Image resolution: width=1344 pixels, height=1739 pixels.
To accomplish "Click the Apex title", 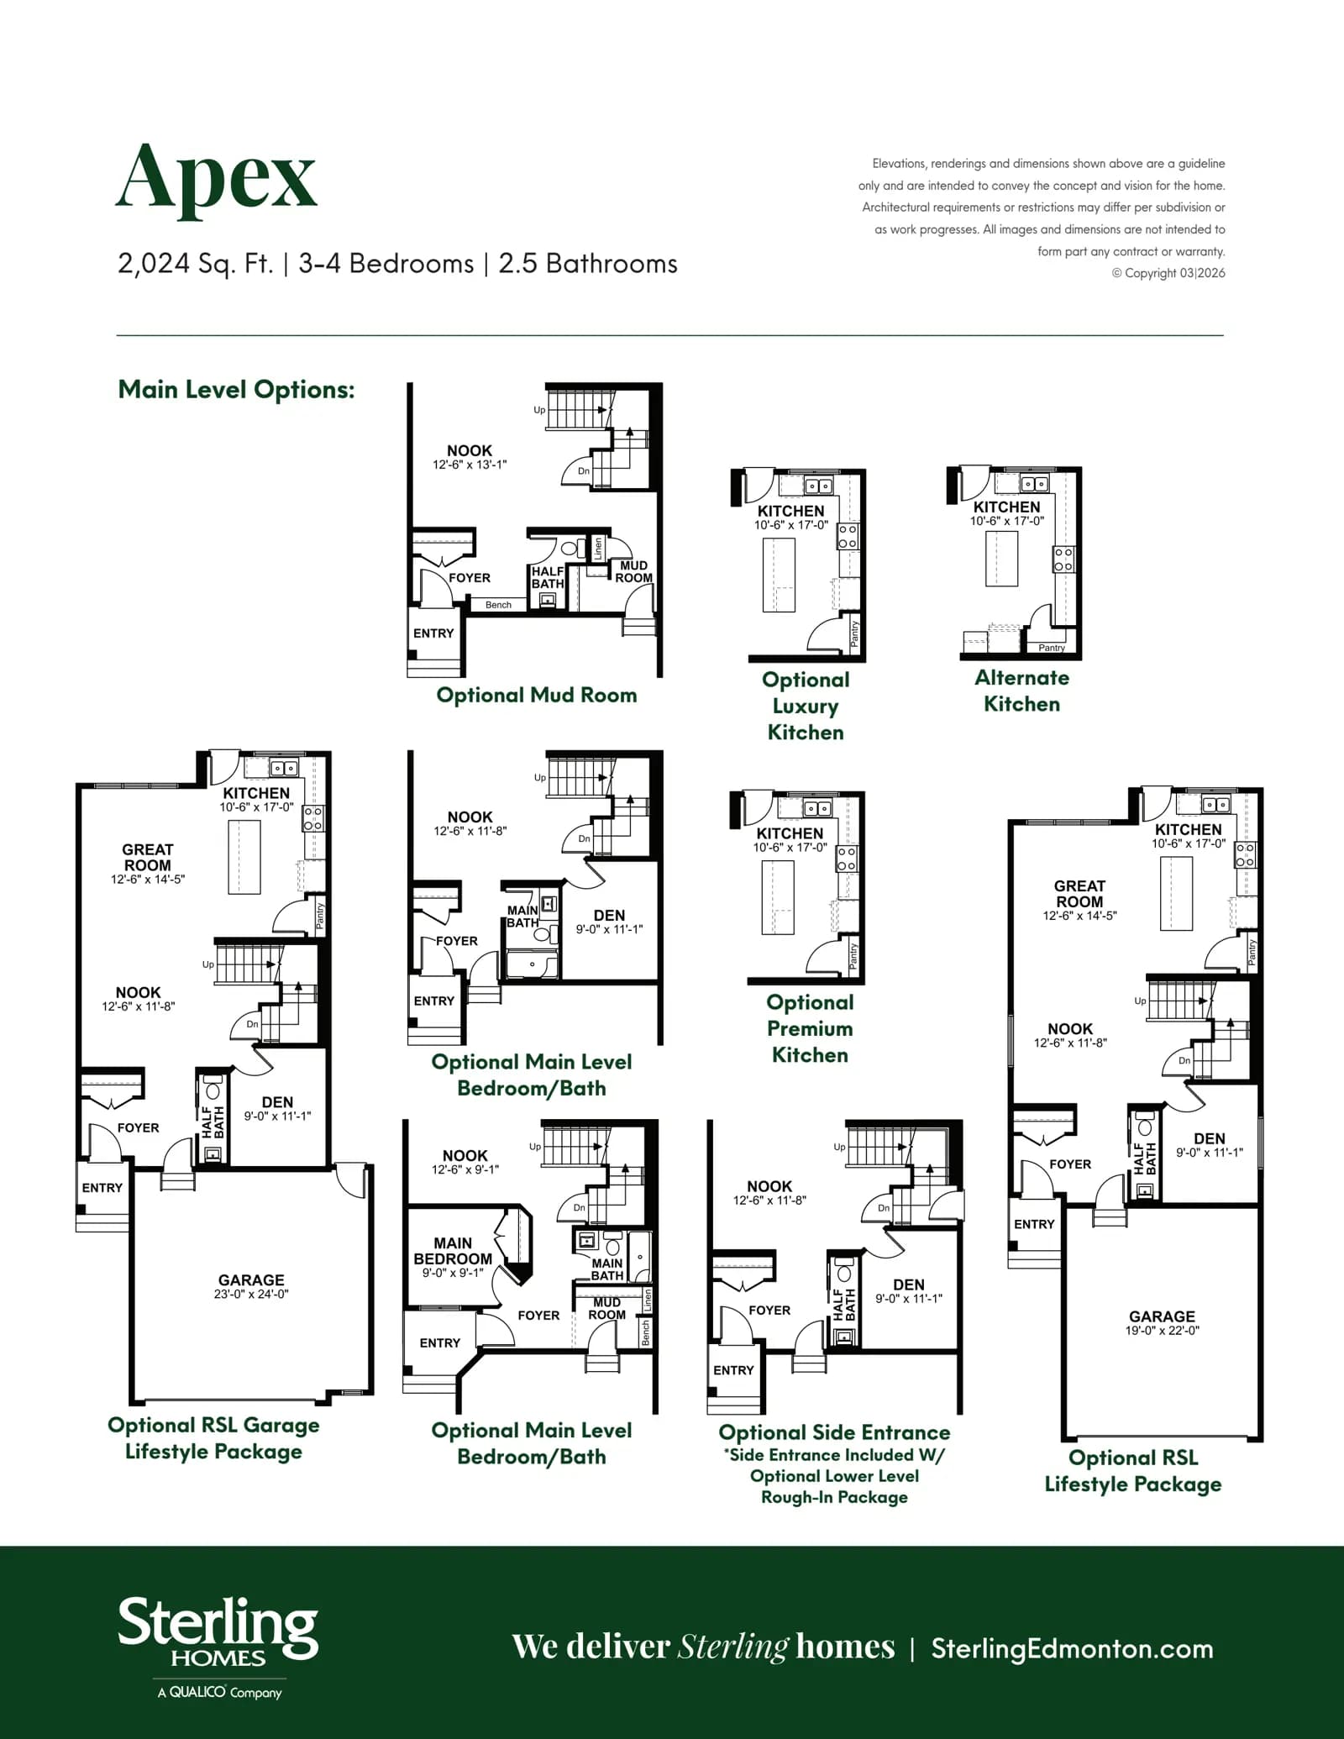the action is point(216,179).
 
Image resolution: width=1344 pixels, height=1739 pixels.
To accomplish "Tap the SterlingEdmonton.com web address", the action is point(1072,1649).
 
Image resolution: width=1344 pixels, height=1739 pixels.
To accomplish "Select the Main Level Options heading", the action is point(236,390).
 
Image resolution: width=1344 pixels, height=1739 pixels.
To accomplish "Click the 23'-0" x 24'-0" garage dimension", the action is point(251,1294).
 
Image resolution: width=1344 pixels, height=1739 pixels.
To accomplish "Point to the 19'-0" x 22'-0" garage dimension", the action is point(1163,1331).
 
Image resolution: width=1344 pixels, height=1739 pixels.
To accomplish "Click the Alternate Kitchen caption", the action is point(1022,691).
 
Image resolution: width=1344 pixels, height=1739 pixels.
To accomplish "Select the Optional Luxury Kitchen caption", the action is point(806,706).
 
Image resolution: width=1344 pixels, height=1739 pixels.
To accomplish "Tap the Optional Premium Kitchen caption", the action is point(810,1028).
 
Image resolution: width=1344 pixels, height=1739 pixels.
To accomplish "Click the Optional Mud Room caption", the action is point(537,696).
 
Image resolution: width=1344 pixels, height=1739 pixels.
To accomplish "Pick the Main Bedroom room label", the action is point(453,1251).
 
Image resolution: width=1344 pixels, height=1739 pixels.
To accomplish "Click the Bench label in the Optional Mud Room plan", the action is point(498,605).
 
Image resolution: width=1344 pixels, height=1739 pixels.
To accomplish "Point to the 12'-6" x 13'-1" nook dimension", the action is point(470,465).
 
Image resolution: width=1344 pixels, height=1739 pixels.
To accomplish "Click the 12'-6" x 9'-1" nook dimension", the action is point(465,1169).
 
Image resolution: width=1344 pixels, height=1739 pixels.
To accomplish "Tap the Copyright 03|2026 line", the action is point(1168,273).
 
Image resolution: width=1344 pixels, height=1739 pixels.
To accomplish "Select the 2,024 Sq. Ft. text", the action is point(196,264).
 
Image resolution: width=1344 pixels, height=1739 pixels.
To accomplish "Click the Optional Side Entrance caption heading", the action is point(834,1432).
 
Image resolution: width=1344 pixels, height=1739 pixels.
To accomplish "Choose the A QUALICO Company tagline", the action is point(219,1692).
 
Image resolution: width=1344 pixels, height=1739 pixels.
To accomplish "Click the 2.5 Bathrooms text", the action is point(588,264).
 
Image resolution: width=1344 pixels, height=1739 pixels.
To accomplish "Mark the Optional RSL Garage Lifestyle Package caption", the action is point(213,1438).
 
